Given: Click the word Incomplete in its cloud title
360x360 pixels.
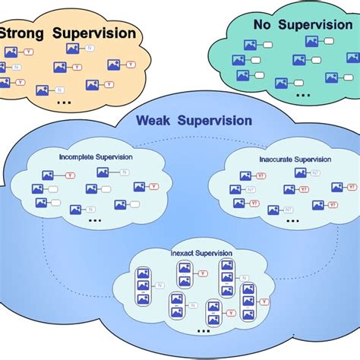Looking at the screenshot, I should (77, 156).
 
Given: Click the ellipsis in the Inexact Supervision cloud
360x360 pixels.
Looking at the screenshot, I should (203, 330).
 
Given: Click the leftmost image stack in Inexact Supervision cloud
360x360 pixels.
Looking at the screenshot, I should (142, 286).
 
